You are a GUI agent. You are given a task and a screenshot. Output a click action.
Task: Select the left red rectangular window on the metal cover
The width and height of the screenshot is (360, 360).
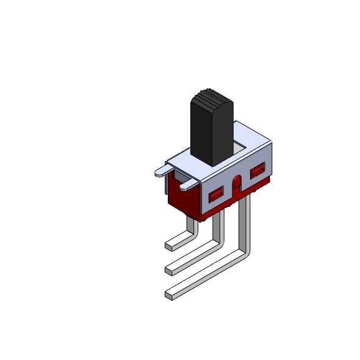point(216,196)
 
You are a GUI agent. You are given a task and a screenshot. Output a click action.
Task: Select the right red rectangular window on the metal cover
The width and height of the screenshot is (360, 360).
point(257,171)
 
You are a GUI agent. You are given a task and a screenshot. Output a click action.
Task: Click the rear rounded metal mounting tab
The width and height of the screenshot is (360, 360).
point(163,171)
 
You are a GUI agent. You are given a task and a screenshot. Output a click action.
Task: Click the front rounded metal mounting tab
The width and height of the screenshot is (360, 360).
point(190,183)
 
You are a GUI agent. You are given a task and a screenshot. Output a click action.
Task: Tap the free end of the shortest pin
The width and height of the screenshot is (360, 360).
point(169,246)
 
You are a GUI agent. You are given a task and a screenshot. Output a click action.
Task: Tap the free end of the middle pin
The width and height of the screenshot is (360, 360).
point(169,270)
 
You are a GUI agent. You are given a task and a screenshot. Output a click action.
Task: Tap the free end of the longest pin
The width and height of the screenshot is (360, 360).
point(169,295)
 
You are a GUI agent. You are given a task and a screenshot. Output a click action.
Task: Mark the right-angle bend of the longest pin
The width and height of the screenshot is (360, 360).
point(245,255)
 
